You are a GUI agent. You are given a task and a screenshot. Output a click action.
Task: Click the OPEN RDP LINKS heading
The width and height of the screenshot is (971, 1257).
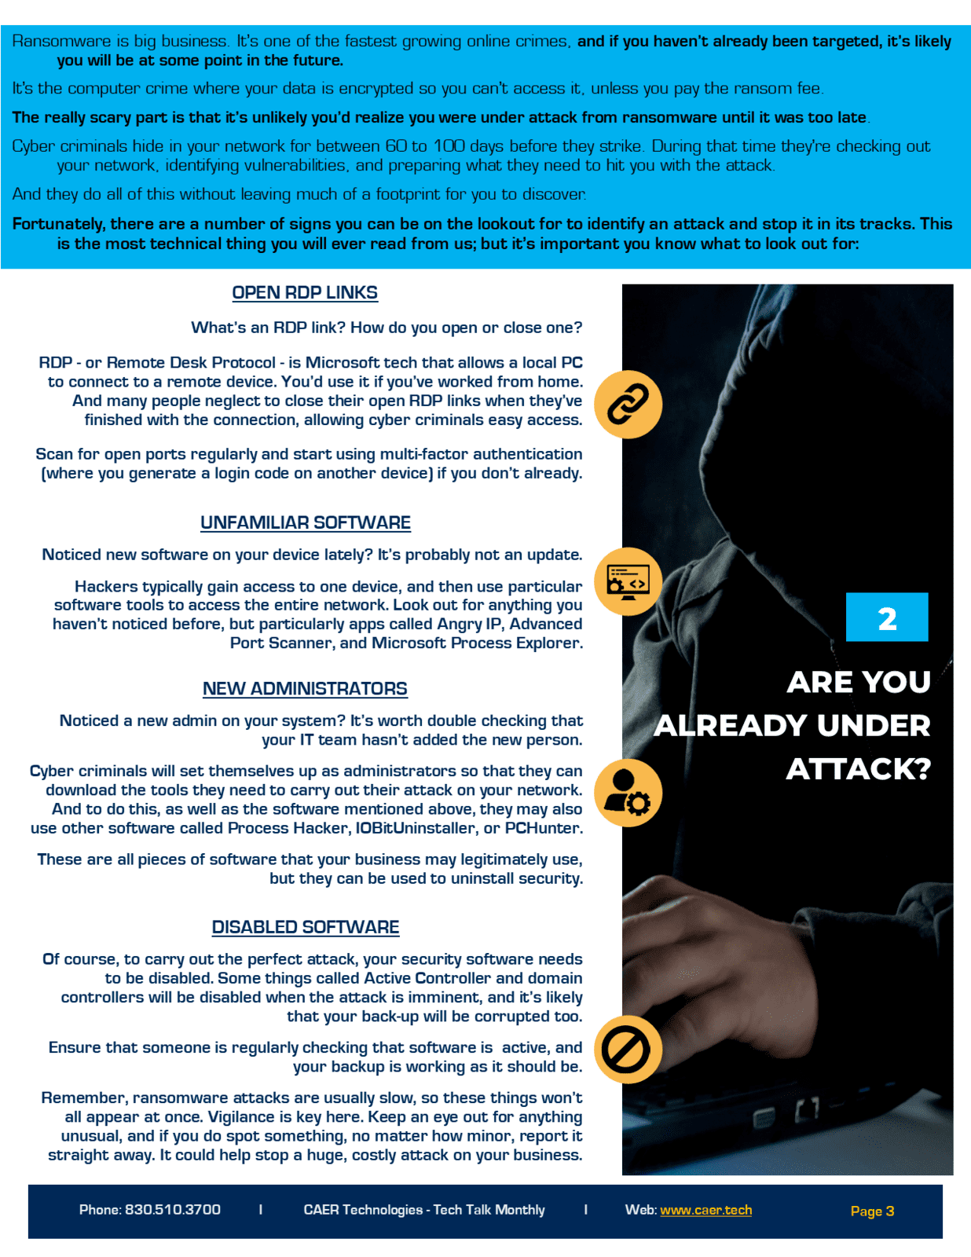click(x=305, y=293)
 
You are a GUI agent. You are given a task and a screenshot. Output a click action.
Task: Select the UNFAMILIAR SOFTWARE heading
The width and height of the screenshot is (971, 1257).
click(x=306, y=523)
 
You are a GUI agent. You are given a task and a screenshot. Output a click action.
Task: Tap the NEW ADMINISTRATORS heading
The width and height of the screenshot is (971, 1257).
click(x=305, y=689)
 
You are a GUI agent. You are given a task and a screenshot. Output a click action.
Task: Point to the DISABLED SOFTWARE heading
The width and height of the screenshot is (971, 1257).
click(x=306, y=928)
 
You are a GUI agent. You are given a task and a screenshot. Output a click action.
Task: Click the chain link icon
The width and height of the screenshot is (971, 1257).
click(x=628, y=405)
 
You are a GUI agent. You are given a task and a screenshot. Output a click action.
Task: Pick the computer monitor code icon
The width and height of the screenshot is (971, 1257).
click(x=628, y=581)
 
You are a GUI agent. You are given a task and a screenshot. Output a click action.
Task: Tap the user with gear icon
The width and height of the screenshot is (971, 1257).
click(x=628, y=793)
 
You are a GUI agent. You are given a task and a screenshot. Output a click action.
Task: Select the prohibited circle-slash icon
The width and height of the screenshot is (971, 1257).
click(x=628, y=1050)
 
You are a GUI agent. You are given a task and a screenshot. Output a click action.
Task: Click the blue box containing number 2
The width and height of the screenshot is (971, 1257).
click(x=887, y=618)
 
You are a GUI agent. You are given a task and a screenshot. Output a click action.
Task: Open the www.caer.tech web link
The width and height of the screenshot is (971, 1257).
click(x=705, y=1210)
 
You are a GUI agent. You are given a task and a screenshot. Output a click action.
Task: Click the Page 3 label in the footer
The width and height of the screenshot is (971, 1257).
click(x=872, y=1211)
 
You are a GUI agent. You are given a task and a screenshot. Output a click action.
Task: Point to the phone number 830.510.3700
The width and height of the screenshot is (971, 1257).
click(x=173, y=1210)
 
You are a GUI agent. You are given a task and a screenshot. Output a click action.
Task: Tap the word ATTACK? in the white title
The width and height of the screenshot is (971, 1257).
click(x=859, y=769)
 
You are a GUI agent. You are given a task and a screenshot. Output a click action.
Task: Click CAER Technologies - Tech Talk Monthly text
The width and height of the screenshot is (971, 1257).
click(x=424, y=1210)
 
